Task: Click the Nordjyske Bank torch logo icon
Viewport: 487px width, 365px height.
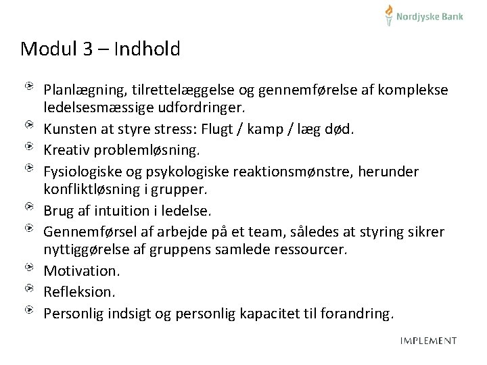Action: (x=389, y=15)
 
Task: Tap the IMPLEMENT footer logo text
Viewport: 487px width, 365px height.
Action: (x=428, y=341)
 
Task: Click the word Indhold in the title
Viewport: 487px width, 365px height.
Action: (x=147, y=49)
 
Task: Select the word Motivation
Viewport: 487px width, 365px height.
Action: (x=81, y=270)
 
